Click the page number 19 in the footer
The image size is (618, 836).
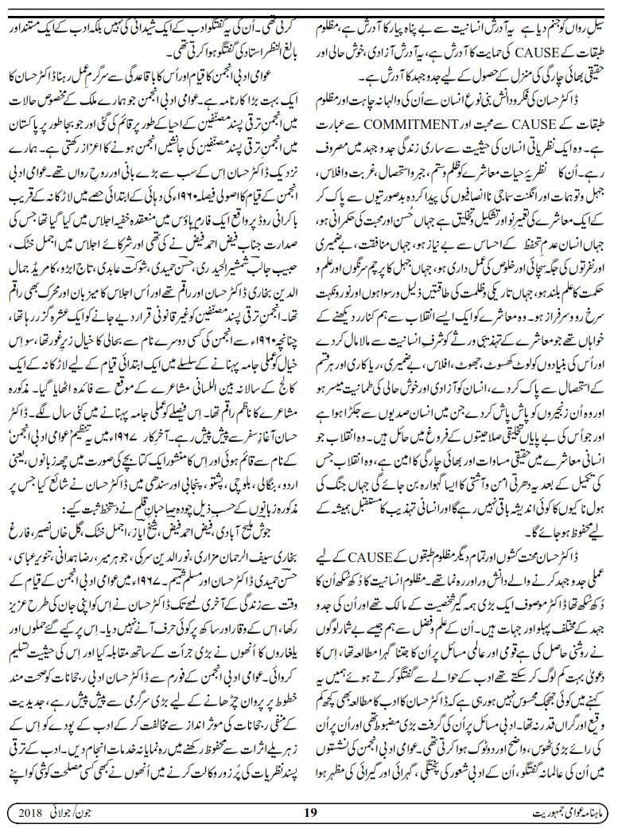click(x=311, y=812)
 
